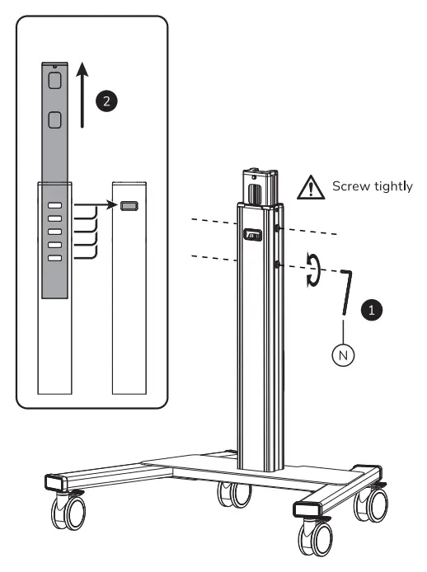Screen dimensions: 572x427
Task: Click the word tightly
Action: [x=393, y=188]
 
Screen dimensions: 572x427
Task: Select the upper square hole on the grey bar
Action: [x=55, y=80]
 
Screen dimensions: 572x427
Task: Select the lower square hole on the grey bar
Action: [x=55, y=121]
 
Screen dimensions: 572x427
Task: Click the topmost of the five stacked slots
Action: [x=55, y=206]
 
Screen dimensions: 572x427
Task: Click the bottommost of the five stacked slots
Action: [x=55, y=258]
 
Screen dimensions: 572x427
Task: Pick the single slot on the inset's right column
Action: [x=129, y=206]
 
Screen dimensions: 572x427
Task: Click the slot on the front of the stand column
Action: [x=251, y=236]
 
